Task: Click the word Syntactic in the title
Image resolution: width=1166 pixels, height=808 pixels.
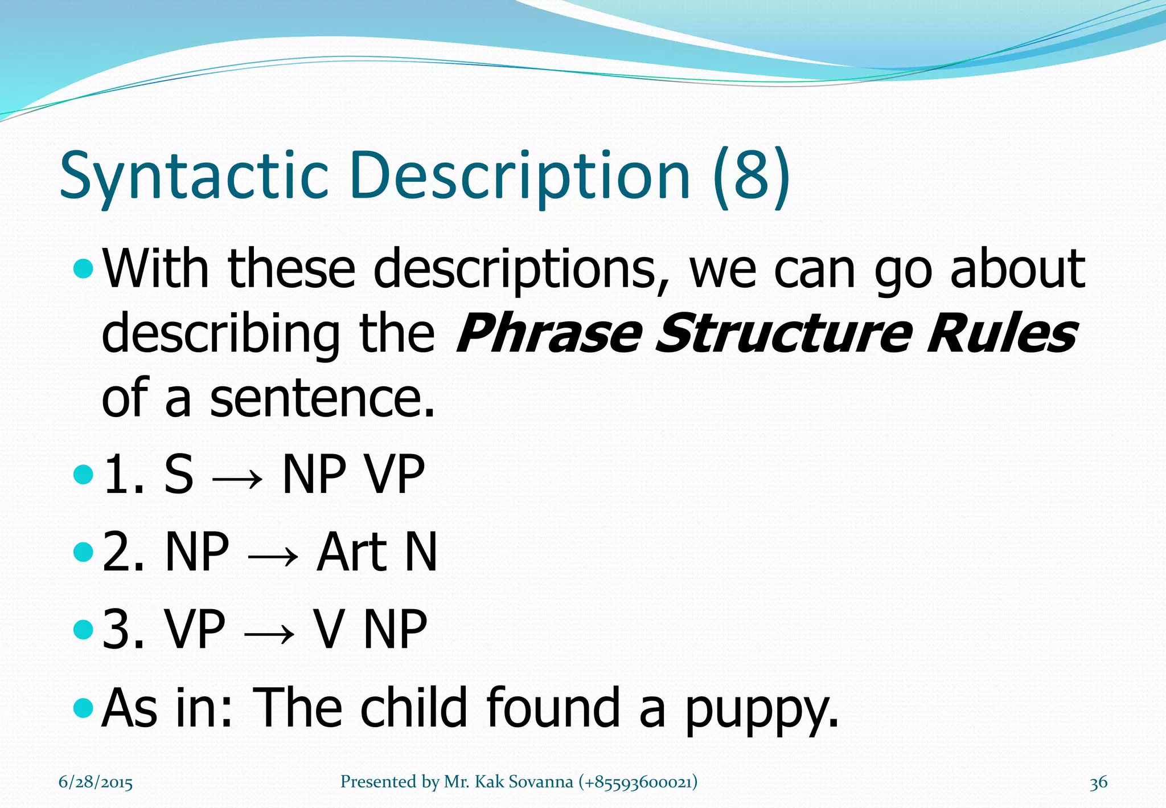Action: [194, 176]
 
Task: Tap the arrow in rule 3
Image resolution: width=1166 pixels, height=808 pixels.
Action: [269, 631]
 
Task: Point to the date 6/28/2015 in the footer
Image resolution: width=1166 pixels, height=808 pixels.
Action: [96, 782]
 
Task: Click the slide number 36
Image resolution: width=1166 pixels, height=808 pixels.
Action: [1098, 782]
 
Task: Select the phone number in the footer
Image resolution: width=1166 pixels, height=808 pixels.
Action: [638, 782]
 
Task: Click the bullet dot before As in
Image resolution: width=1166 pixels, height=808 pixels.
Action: [83, 708]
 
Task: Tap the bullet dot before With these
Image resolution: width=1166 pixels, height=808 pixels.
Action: [83, 268]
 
